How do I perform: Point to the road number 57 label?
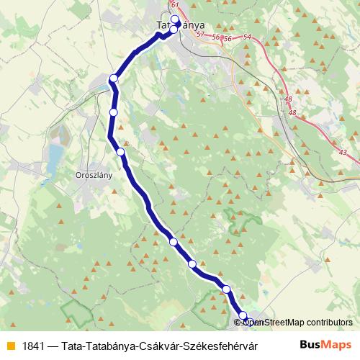[x=199, y=35]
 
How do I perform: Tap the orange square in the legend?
[x=10, y=345]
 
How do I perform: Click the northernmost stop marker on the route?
[x=175, y=19]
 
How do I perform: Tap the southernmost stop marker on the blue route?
[x=243, y=316]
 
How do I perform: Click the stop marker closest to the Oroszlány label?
[x=120, y=152]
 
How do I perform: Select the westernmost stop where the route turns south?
[x=114, y=78]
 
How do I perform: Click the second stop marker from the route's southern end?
[x=226, y=289]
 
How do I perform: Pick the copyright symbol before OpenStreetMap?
[x=247, y=323]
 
